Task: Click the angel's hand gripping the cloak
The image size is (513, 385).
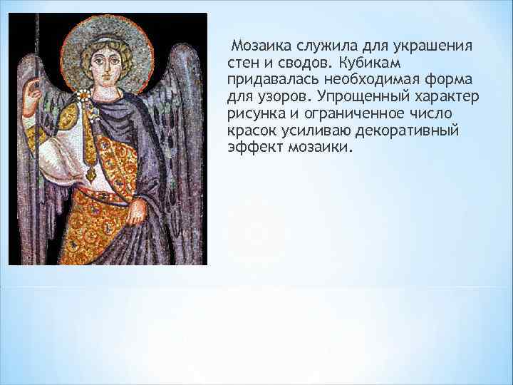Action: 137,209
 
